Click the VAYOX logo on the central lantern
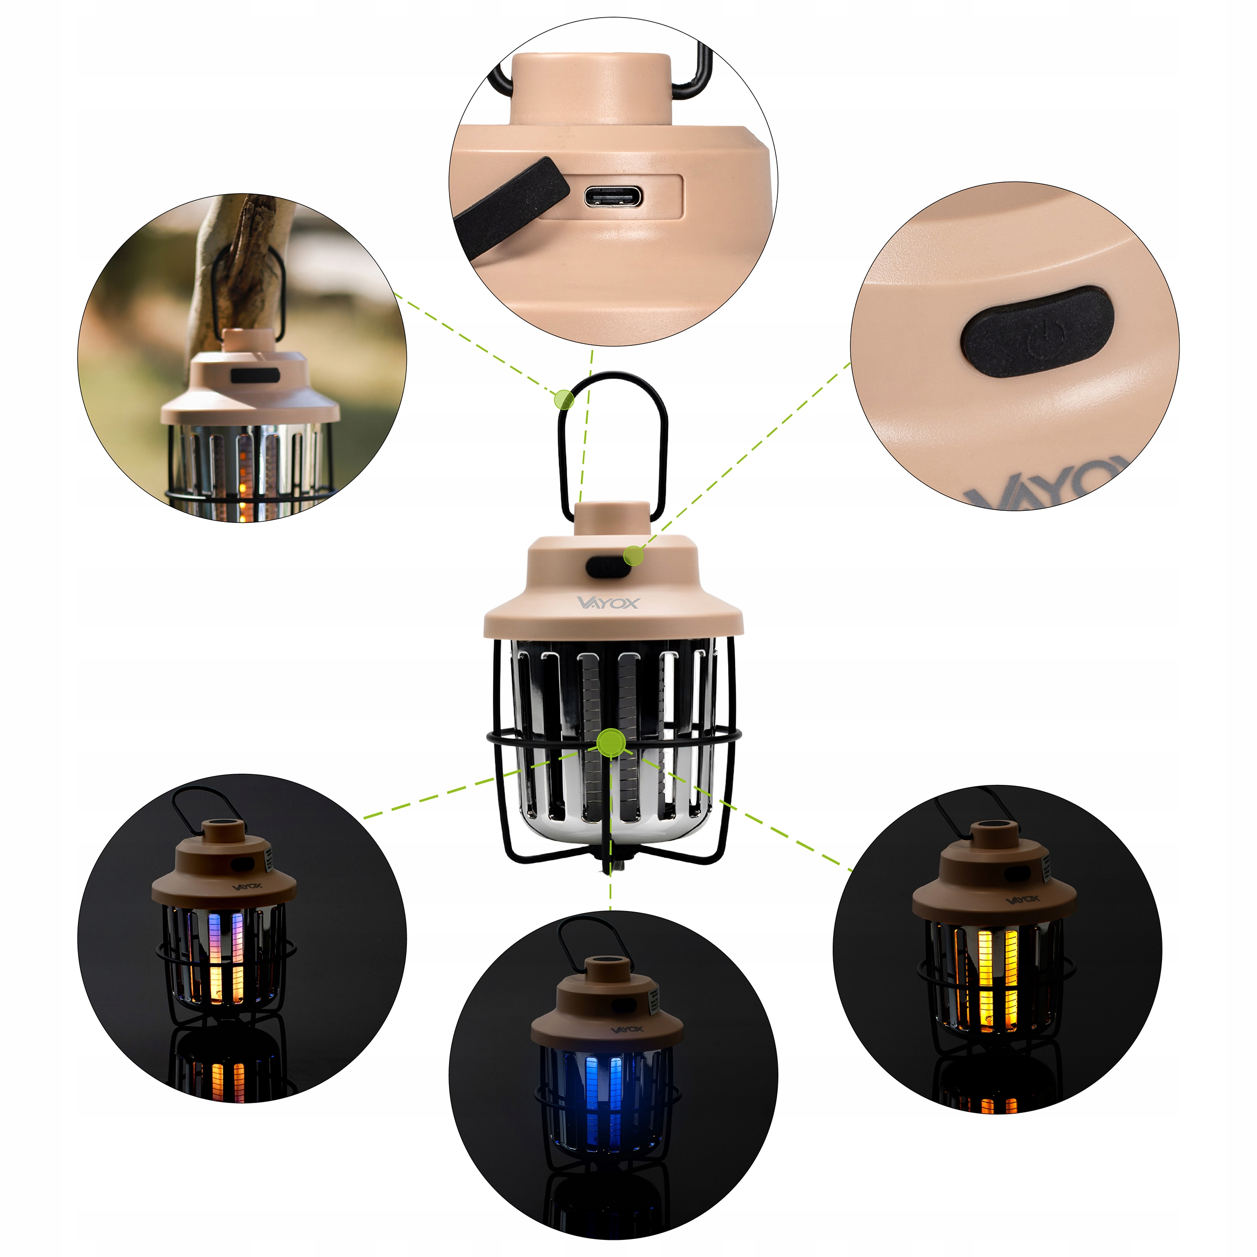pyautogui.click(x=608, y=602)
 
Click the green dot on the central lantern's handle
pyautogui.click(x=564, y=399)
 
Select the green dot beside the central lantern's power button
pyautogui.click(x=633, y=555)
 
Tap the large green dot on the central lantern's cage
pyautogui.click(x=611, y=742)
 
